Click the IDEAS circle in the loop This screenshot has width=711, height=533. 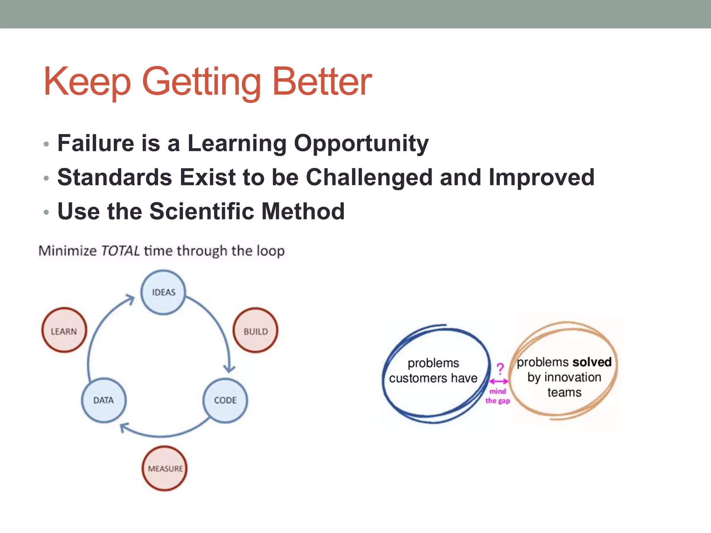[x=163, y=293]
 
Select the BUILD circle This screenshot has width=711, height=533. [x=256, y=331]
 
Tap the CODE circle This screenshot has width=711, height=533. [x=225, y=400]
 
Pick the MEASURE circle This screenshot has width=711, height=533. [x=165, y=468]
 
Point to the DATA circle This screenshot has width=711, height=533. [x=104, y=400]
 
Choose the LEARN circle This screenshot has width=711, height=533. [x=64, y=331]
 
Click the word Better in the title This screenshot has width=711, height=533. [x=322, y=82]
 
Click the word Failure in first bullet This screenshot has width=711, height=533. [x=95, y=143]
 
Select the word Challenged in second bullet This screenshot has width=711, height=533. [x=369, y=177]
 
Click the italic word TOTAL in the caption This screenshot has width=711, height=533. [x=120, y=251]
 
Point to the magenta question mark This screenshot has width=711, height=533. [x=500, y=369]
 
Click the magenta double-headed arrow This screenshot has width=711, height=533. [x=499, y=381]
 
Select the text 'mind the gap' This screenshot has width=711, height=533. [x=497, y=396]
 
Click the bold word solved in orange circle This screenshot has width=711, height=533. [x=592, y=362]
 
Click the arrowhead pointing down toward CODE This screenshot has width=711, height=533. [x=229, y=369]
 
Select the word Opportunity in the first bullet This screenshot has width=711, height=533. [x=361, y=143]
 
